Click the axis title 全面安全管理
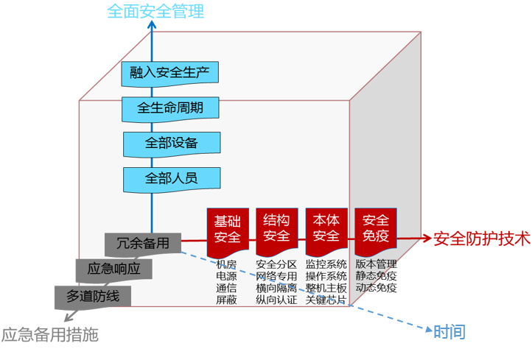[155, 11]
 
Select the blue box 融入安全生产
[170, 73]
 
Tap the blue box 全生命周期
[170, 108]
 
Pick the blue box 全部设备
[172, 143]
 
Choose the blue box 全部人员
[172, 177]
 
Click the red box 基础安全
[228, 228]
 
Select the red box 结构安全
[276, 228]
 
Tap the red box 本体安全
[326, 228]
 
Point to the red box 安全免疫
[376, 228]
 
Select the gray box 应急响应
[113, 269]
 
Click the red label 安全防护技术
[481, 239]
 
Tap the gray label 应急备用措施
[49, 335]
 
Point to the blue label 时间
[449, 331]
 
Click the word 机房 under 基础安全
[226, 264]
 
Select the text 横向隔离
[276, 288]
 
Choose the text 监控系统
[326, 264]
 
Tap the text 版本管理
[376, 264]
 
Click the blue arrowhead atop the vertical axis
[152, 24]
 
